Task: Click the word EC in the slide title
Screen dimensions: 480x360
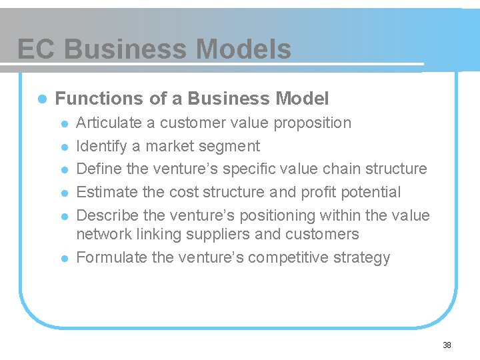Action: pyautogui.click(x=37, y=49)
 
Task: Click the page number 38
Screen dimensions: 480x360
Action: pyautogui.click(x=447, y=345)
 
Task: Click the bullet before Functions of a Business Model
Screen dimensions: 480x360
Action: pyautogui.click(x=41, y=99)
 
